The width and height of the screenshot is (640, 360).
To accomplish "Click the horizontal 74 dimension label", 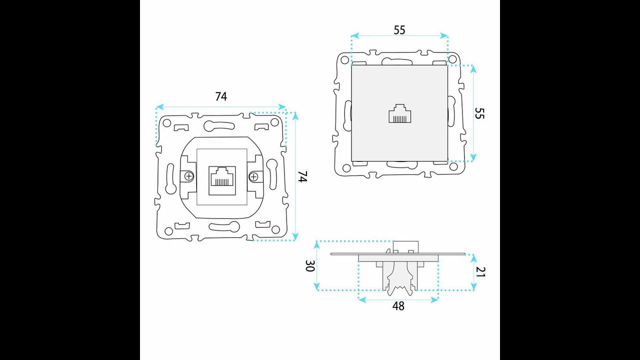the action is click(221, 96).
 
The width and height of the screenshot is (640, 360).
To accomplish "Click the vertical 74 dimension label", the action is click(302, 176).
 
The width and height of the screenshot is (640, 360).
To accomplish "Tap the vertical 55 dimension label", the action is click(479, 113).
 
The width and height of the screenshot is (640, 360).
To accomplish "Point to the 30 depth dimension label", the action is click(310, 265).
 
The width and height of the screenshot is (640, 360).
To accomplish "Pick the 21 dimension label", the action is click(480, 271).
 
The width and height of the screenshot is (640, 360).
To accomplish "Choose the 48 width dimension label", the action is click(398, 306).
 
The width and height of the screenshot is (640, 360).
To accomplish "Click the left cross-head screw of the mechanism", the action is click(189, 176).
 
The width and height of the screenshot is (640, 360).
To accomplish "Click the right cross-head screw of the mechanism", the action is click(253, 177).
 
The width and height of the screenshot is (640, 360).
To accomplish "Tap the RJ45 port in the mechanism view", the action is click(222, 180).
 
